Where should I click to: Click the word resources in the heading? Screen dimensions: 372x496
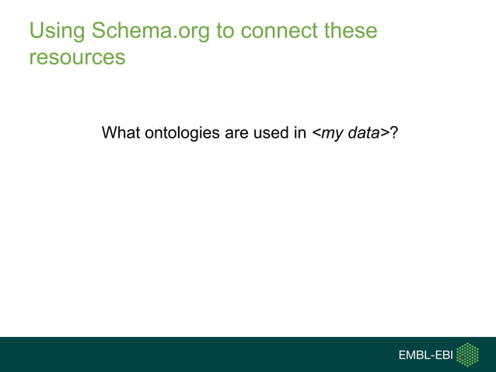tap(76, 58)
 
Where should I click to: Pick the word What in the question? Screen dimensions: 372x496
tap(121, 133)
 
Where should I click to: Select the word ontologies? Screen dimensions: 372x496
tap(181, 133)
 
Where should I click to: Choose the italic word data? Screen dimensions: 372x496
tap(364, 133)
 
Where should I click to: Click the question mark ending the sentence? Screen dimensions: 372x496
tap(395, 133)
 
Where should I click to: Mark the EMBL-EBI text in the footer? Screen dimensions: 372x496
tap(425, 356)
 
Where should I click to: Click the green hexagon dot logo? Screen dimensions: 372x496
tap(467, 354)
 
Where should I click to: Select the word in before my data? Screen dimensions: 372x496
tap(300, 133)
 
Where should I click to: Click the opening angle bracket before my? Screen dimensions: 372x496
tap(316, 134)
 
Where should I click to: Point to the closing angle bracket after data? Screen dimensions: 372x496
tap(386, 134)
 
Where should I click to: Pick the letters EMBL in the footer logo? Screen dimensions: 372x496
tap(414, 356)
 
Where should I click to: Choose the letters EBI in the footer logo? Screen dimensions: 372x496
tap(442, 356)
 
